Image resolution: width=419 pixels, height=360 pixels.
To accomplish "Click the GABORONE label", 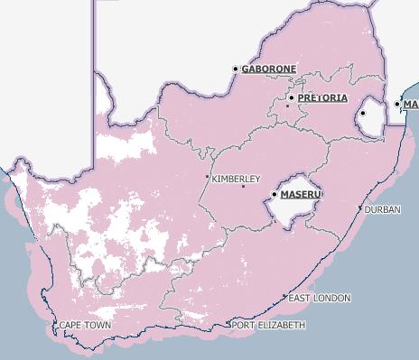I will (269, 69).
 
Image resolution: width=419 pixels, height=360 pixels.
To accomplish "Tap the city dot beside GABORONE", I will (236, 69).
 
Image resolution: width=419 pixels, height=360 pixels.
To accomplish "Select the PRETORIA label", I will (322, 97).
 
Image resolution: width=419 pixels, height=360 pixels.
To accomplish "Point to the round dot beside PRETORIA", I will (291, 97).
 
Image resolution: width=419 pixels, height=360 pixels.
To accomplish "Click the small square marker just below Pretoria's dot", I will (288, 106).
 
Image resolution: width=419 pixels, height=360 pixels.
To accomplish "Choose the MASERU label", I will (301, 194).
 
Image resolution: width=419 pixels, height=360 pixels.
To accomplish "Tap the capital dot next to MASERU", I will (274, 194).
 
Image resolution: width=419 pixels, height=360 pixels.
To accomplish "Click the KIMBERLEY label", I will (237, 179).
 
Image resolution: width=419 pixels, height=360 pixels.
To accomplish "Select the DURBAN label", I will (383, 209).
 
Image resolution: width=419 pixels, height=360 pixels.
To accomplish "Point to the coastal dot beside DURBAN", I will (361, 209).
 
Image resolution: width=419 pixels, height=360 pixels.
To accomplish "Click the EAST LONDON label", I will (320, 298).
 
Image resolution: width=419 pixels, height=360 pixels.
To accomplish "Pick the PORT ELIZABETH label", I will (269, 325).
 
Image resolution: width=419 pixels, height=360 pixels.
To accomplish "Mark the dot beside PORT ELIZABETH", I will (229, 325).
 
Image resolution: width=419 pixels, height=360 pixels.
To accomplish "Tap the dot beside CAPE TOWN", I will (57, 325).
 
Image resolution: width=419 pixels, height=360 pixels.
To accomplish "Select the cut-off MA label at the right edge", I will (411, 105).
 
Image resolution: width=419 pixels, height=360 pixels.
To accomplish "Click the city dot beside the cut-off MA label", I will (397, 105).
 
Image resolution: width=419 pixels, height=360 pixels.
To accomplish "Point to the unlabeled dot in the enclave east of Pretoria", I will (362, 114).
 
